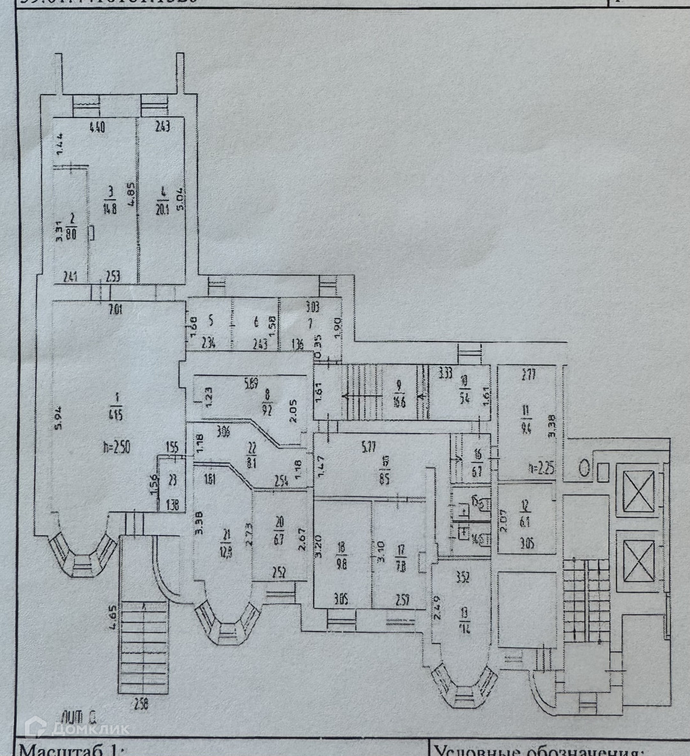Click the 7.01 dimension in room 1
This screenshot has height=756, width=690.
[x=115, y=311]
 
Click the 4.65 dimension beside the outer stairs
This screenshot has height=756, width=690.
[x=112, y=619]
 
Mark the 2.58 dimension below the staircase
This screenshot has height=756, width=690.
[x=142, y=705]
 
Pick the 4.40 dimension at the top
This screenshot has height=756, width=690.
[x=96, y=127]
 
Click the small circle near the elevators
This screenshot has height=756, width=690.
[x=583, y=469]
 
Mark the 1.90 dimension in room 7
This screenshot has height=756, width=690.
[x=339, y=332]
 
